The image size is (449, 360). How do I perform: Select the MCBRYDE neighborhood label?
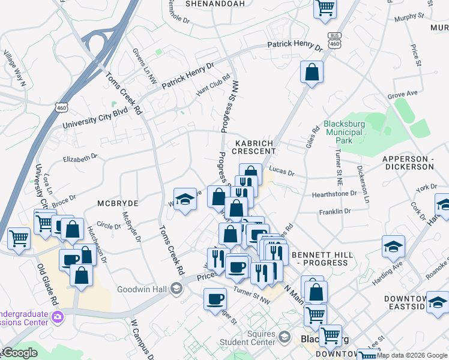[118, 203]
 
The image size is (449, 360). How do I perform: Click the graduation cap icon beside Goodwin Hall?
[176, 289]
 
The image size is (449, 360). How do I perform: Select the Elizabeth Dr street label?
[80, 158]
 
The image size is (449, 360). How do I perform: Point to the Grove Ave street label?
[402, 95]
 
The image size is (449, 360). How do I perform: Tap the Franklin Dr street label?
[334, 212]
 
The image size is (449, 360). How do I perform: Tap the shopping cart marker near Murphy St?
[325, 8]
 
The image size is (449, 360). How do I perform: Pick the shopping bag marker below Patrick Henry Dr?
[312, 72]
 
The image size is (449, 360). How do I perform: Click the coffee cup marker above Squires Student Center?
[215, 298]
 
